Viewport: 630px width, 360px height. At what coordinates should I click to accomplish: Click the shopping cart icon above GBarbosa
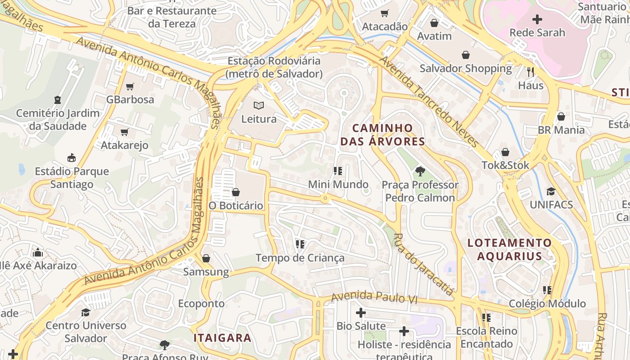(130, 86)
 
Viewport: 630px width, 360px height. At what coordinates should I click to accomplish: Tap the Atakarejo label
(125, 145)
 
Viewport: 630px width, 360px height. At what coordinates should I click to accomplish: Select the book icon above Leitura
(259, 106)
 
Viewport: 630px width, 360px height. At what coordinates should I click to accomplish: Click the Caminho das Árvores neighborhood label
(382, 135)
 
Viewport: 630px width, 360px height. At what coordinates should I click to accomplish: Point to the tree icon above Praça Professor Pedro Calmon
(420, 171)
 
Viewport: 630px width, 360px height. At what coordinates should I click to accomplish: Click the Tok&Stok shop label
(505, 165)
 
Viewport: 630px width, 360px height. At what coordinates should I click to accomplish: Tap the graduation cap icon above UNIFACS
(551, 191)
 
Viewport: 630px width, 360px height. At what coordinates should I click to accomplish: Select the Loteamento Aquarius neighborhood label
(509, 249)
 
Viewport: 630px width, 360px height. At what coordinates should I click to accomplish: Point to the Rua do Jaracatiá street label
(423, 264)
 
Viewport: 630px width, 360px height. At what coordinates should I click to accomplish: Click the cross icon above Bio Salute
(361, 312)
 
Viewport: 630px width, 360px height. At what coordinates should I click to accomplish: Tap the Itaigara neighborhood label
(222, 338)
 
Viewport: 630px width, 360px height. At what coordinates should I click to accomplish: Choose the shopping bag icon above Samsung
(206, 258)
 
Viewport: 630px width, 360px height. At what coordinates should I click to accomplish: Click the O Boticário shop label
(236, 206)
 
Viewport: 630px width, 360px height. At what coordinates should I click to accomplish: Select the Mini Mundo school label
(338, 184)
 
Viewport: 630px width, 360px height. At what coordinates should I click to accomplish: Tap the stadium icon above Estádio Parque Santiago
(72, 157)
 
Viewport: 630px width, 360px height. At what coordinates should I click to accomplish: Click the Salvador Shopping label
(466, 68)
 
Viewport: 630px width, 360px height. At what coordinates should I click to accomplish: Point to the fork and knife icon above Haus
(531, 72)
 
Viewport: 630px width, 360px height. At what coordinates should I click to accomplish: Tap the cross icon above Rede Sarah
(537, 19)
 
